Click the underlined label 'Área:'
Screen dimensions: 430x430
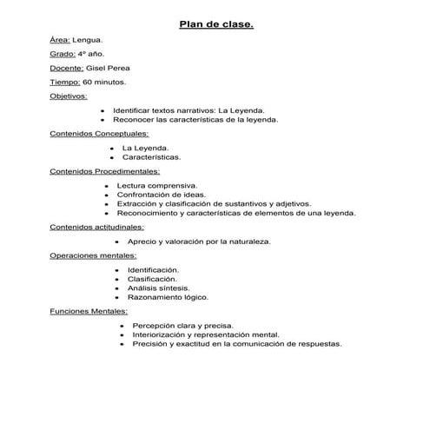(x=60, y=40)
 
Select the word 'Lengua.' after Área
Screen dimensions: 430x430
(x=88, y=40)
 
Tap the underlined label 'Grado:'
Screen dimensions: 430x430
(x=62, y=54)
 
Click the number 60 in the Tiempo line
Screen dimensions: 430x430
(x=89, y=82)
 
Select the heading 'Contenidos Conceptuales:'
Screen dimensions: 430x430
(x=99, y=134)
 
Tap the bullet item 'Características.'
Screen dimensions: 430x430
(x=151, y=157)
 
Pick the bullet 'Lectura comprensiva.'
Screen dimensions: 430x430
(x=156, y=186)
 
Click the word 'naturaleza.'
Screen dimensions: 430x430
(x=249, y=241)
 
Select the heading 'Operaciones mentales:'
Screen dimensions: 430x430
(x=93, y=255)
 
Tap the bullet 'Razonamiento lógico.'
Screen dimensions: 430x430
(x=168, y=296)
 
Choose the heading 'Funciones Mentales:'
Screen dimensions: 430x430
(x=89, y=310)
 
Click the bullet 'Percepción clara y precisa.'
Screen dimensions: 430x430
(x=182, y=325)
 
